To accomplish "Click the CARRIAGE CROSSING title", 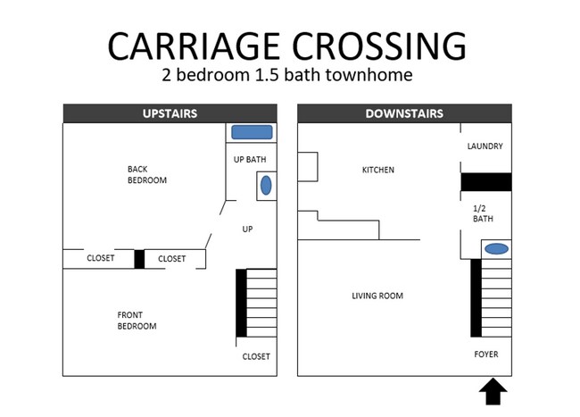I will click(286, 45).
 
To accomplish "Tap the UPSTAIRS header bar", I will click(170, 113).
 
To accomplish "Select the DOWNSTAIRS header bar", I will click(404, 113).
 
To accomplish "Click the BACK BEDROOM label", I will click(147, 174).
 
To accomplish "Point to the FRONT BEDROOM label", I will click(137, 321).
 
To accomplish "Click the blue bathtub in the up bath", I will click(252, 132).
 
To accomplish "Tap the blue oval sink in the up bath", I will click(265, 186).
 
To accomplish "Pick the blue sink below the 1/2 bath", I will click(496, 248).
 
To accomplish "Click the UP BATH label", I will click(250, 160).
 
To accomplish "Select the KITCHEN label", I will click(377, 170).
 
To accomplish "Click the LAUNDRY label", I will click(485, 146).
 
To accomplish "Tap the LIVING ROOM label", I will click(377, 296).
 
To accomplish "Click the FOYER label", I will click(486, 354).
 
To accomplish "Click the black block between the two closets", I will click(139, 259).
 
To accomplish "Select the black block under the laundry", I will click(485, 181).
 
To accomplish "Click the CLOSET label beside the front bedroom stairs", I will click(256, 357).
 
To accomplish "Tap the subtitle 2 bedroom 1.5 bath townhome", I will click(286, 75).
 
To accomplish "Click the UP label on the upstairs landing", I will click(248, 229).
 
